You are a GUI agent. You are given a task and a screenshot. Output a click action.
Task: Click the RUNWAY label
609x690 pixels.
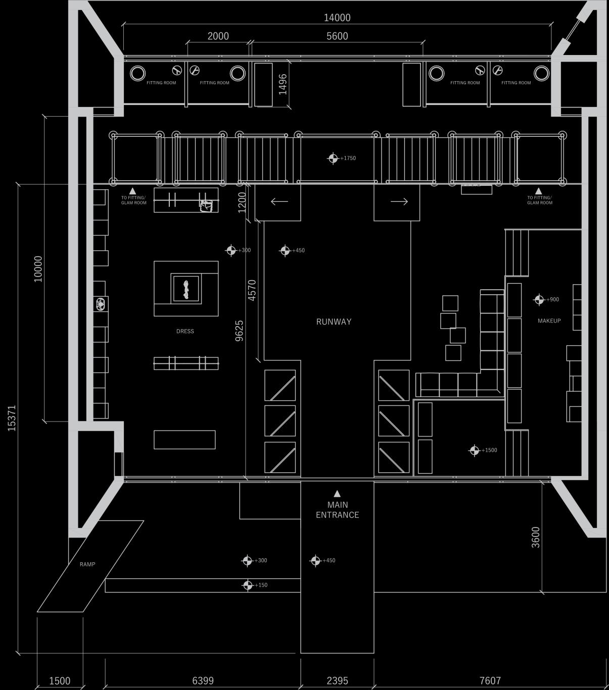(x=334, y=322)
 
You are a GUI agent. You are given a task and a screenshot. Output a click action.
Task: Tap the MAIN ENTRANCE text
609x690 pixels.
(x=337, y=510)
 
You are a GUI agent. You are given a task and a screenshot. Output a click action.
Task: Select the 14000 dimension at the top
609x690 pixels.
(x=337, y=18)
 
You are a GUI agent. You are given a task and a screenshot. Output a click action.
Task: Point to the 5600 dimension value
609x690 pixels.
(x=337, y=36)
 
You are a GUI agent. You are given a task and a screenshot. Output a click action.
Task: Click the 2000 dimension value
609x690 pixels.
(x=218, y=36)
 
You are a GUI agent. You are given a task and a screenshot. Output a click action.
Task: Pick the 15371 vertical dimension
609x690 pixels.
(x=12, y=417)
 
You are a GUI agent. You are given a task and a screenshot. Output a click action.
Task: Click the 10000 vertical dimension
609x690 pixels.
(x=38, y=269)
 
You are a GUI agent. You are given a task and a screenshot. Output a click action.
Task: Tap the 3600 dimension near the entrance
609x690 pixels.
(x=536, y=537)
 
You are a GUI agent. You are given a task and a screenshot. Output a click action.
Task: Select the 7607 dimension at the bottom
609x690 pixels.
(x=490, y=681)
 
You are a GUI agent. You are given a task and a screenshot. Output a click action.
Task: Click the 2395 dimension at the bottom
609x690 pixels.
(x=337, y=681)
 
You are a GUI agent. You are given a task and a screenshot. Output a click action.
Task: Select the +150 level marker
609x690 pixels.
(x=248, y=585)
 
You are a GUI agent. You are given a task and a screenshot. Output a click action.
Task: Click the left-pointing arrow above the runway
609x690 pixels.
(x=279, y=201)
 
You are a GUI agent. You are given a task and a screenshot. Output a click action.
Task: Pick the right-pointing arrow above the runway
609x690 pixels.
(x=399, y=201)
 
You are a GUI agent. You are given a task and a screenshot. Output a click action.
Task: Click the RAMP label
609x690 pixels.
(x=87, y=564)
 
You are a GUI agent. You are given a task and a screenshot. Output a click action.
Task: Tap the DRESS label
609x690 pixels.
(x=185, y=331)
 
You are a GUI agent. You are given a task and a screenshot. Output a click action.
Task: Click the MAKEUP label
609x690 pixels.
(x=549, y=321)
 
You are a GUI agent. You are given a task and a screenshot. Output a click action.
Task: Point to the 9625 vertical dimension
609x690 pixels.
(x=240, y=331)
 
